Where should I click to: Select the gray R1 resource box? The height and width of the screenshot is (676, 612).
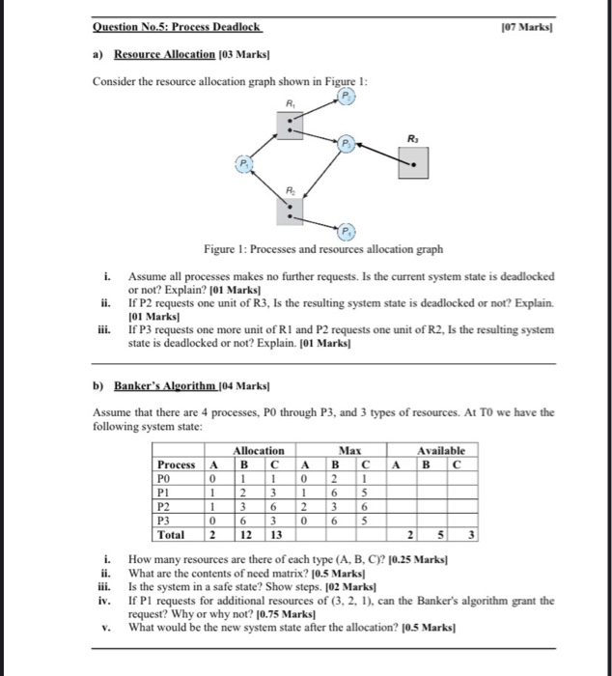coord(290,125)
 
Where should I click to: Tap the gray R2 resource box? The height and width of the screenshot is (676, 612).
coord(290,209)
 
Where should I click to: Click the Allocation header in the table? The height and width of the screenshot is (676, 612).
coord(259,450)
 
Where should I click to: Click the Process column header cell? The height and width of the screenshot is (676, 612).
coord(177,464)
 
